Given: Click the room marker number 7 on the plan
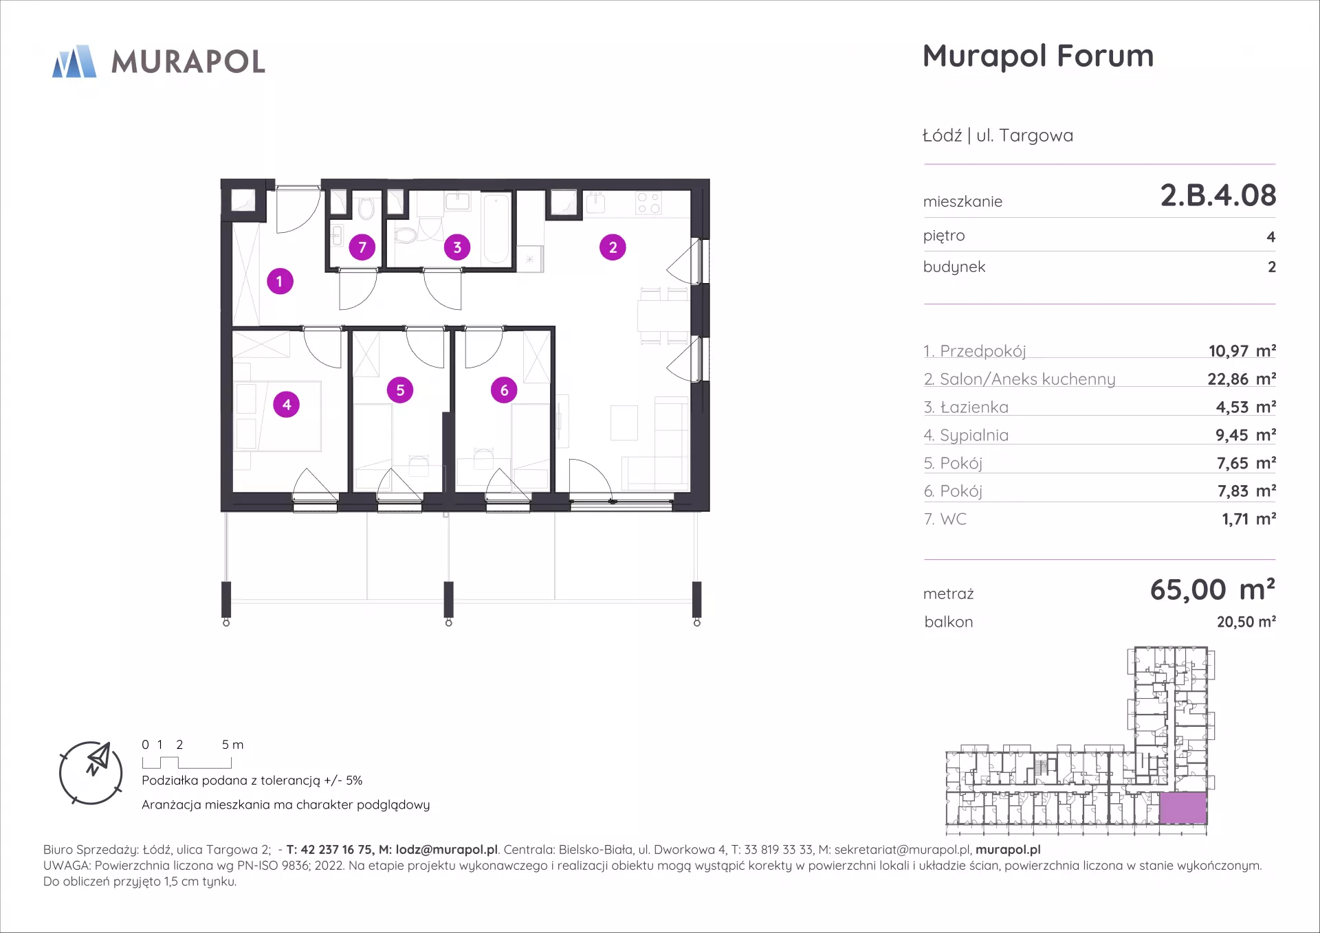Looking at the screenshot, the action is tap(362, 247).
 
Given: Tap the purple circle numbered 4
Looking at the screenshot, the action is tap(287, 405).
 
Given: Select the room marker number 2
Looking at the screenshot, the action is tap(613, 247).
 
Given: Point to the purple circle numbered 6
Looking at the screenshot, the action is tap(504, 390).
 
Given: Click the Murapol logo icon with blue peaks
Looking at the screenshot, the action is tap(74, 61).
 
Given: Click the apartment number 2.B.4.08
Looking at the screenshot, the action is tap(1218, 196).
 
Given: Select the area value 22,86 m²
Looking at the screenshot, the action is tap(1242, 379).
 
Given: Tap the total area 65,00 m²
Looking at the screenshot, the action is tap(1213, 590).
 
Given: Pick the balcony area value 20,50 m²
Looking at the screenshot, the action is tap(1246, 622).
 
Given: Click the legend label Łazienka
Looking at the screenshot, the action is tap(974, 407).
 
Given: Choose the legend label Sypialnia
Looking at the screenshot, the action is tap(974, 436).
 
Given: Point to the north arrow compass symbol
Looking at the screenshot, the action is tap(91, 773).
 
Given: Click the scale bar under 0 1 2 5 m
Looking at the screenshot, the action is tap(187, 763).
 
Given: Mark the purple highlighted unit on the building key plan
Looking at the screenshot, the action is tap(1183, 808).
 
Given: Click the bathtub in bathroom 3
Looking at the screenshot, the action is tap(496, 229).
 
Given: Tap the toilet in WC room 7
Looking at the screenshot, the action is tap(366, 209).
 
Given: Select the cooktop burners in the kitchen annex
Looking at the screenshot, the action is tap(648, 203).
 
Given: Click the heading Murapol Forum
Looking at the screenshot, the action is tap(1038, 56).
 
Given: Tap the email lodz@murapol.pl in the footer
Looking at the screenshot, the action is tap(446, 850).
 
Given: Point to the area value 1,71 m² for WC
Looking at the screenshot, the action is tap(1248, 519).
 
